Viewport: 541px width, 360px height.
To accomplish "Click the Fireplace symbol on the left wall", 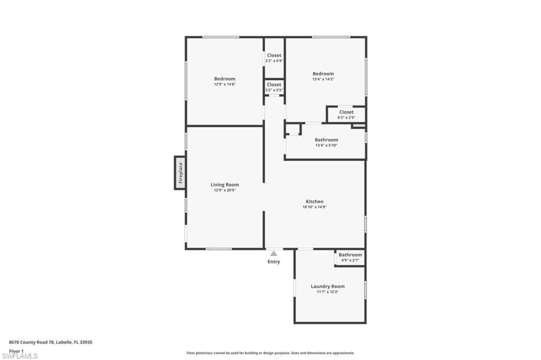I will coord(180,173).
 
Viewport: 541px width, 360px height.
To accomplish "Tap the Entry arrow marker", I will coord(274,254).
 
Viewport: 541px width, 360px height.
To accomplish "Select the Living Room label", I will coord(225,185).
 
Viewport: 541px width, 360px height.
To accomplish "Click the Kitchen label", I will coord(314,202).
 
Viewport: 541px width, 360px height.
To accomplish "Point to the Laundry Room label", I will coord(328,287).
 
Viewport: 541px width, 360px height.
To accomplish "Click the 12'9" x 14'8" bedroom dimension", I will coord(225,84).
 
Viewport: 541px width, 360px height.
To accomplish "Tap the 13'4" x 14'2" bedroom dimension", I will coord(323,79).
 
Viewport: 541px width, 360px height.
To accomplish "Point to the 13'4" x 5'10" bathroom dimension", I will coord(327,145).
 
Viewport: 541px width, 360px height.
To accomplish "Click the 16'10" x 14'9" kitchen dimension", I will coord(314,207).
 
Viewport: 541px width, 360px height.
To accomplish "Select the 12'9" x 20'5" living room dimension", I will coord(225,190).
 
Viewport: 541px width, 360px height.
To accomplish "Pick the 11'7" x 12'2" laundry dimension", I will coord(328,292).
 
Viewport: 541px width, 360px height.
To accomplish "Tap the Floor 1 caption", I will coord(17,350).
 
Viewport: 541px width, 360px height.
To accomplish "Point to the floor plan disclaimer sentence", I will coord(270,353).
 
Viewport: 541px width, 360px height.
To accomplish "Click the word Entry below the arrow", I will coord(274,262).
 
